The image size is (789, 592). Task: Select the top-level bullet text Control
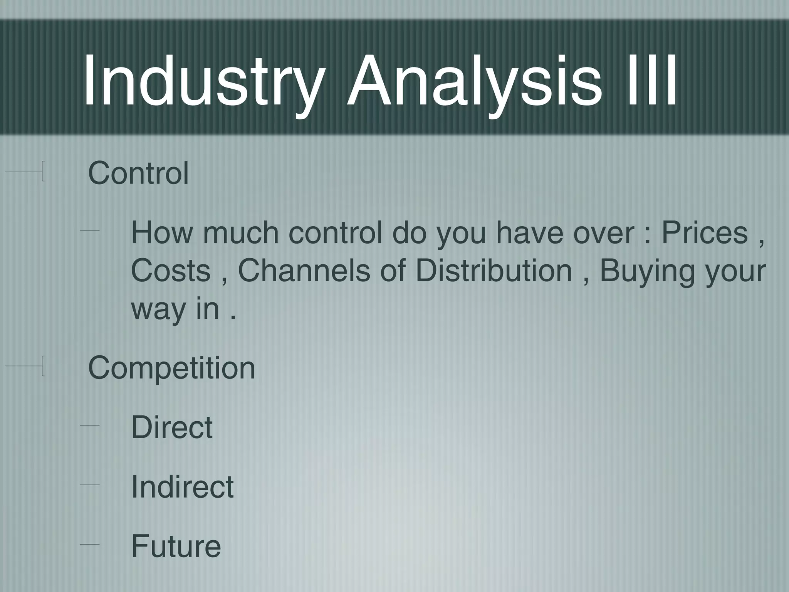click(x=138, y=173)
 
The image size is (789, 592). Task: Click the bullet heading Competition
click(x=171, y=368)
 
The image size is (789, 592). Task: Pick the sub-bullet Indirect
click(x=182, y=486)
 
